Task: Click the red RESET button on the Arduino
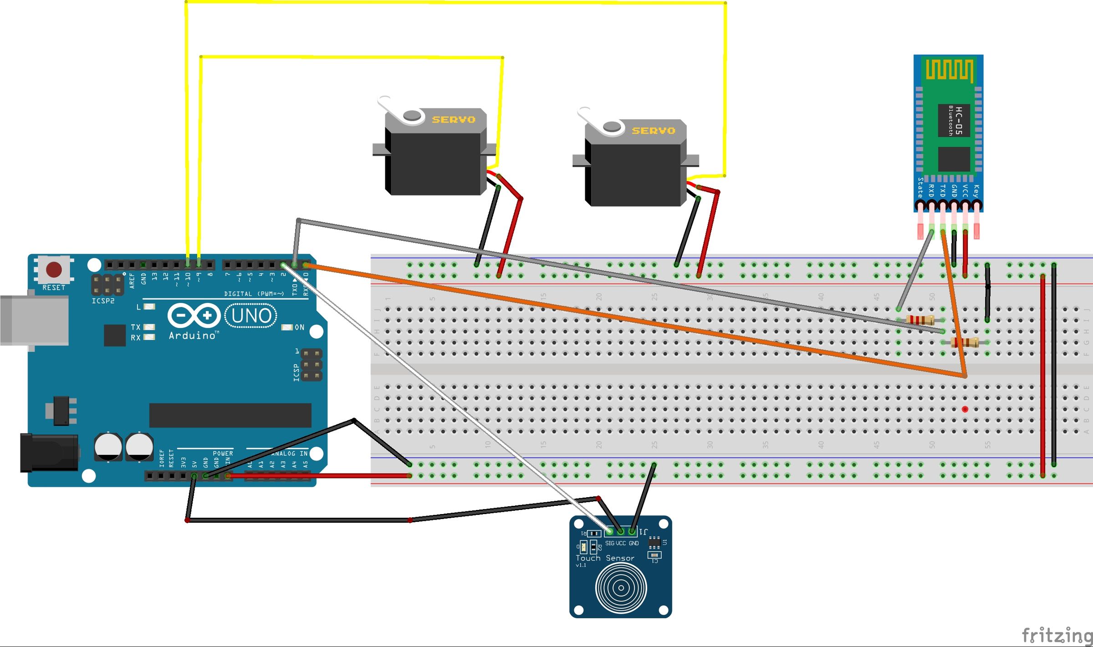(54, 270)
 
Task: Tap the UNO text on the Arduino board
(251, 316)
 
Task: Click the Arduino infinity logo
(194, 315)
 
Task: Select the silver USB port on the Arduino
(34, 321)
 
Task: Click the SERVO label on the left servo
(453, 120)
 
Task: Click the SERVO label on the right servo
(653, 131)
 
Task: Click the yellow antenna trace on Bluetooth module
(950, 70)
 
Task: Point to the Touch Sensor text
(604, 558)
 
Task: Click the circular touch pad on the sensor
(621, 588)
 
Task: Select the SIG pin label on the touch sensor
(609, 543)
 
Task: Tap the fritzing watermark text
(1057, 635)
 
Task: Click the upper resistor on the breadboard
(920, 320)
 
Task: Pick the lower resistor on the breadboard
(965, 342)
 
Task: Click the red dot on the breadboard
(965, 409)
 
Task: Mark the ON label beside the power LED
(299, 327)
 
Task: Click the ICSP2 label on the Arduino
(103, 301)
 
